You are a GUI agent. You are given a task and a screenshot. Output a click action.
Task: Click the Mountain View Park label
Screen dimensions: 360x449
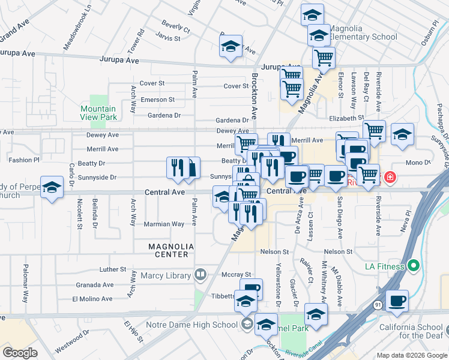pyautogui.click(x=99, y=113)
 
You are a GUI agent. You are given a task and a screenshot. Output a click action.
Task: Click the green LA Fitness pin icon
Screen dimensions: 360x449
pyautogui.click(x=413, y=265)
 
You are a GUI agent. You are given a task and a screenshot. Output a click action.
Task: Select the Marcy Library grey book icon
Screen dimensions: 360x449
pyautogui.click(x=200, y=275)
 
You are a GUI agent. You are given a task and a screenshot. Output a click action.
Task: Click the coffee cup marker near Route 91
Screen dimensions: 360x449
pyautogui.click(x=397, y=301)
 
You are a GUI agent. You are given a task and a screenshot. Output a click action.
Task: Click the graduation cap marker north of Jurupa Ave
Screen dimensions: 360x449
pyautogui.click(x=231, y=47)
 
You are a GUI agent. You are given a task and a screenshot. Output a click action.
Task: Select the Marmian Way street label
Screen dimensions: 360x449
pyautogui.click(x=164, y=224)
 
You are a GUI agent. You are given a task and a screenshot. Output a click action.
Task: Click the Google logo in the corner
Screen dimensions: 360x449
pyautogui.click(x=20, y=353)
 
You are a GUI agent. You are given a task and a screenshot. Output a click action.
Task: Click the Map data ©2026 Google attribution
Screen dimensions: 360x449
pyautogui.click(x=411, y=355)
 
